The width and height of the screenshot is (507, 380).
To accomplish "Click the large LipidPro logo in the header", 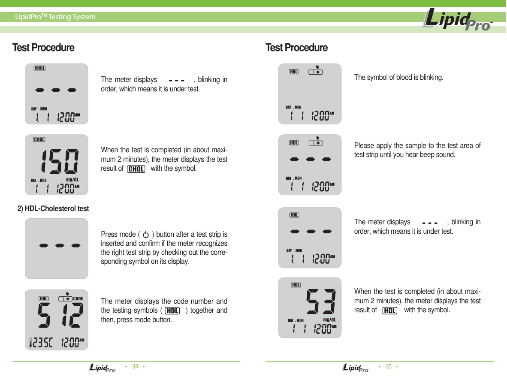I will click(457, 20).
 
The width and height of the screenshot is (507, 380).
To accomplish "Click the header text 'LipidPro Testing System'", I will click(55, 17).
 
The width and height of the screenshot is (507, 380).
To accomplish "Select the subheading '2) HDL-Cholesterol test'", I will click(53, 209).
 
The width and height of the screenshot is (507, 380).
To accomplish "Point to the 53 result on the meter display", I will click(321, 302).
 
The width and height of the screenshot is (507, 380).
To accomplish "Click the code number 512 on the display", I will click(60, 317).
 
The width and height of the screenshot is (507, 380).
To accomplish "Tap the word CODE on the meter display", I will click(78, 299).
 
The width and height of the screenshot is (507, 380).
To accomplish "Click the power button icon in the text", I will click(146, 235).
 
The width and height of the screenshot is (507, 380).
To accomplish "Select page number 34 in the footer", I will click(135, 367).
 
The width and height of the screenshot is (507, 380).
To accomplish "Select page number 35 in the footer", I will click(388, 367).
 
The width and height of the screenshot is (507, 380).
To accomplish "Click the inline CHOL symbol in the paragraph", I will click(136, 169).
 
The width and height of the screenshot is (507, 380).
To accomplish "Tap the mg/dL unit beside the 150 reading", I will click(72, 179).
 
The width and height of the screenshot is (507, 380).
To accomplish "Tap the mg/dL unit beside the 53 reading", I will click(329, 319).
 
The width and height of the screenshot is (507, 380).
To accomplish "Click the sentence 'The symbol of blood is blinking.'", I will click(398, 78).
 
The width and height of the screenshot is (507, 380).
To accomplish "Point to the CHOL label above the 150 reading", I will click(39, 140).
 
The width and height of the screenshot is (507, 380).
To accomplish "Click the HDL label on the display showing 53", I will click(296, 285).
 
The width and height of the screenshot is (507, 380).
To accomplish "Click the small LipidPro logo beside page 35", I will click(356, 368).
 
